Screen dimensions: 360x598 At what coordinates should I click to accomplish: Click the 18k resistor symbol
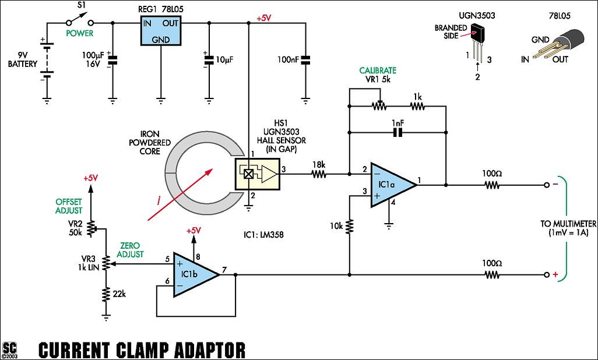pyautogui.click(x=318, y=174)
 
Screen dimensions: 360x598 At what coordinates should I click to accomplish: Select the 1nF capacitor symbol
pyautogui.click(x=398, y=133)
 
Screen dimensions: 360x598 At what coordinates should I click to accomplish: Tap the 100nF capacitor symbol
pyautogui.click(x=305, y=59)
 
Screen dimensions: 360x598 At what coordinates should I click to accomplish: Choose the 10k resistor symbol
pyautogui.click(x=349, y=225)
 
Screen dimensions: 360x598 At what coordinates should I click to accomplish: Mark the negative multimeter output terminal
pyautogui.click(x=547, y=186)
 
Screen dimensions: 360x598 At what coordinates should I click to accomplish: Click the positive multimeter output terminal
pyautogui.click(x=547, y=274)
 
